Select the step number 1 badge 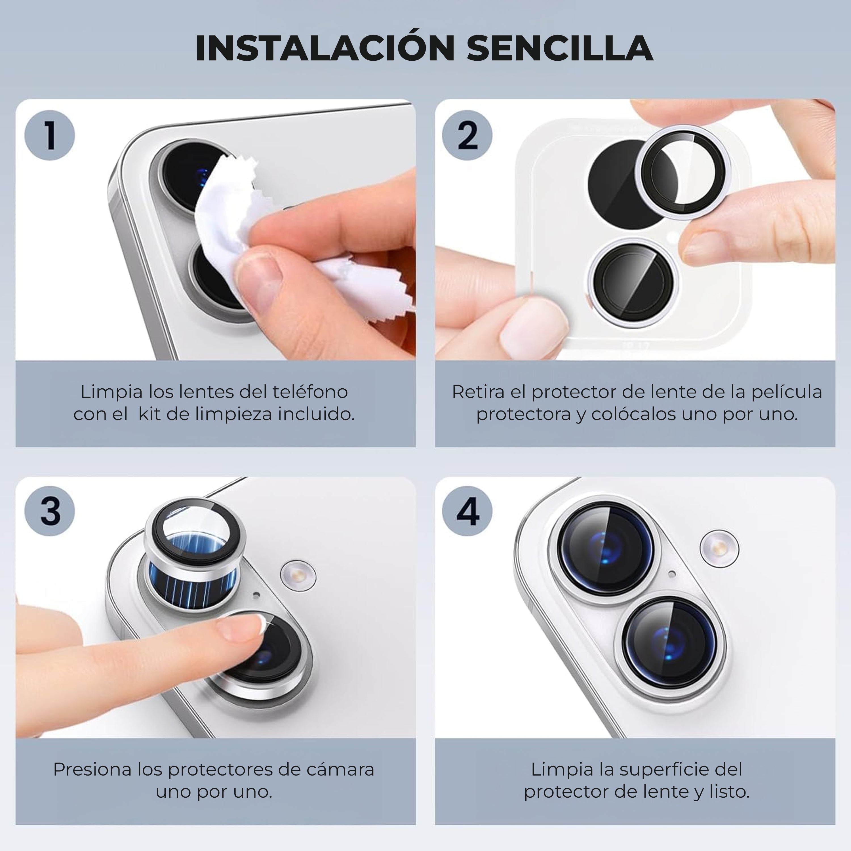(50, 135)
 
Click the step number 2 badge (467, 135)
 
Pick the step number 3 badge (50, 511)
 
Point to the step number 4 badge (467, 511)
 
